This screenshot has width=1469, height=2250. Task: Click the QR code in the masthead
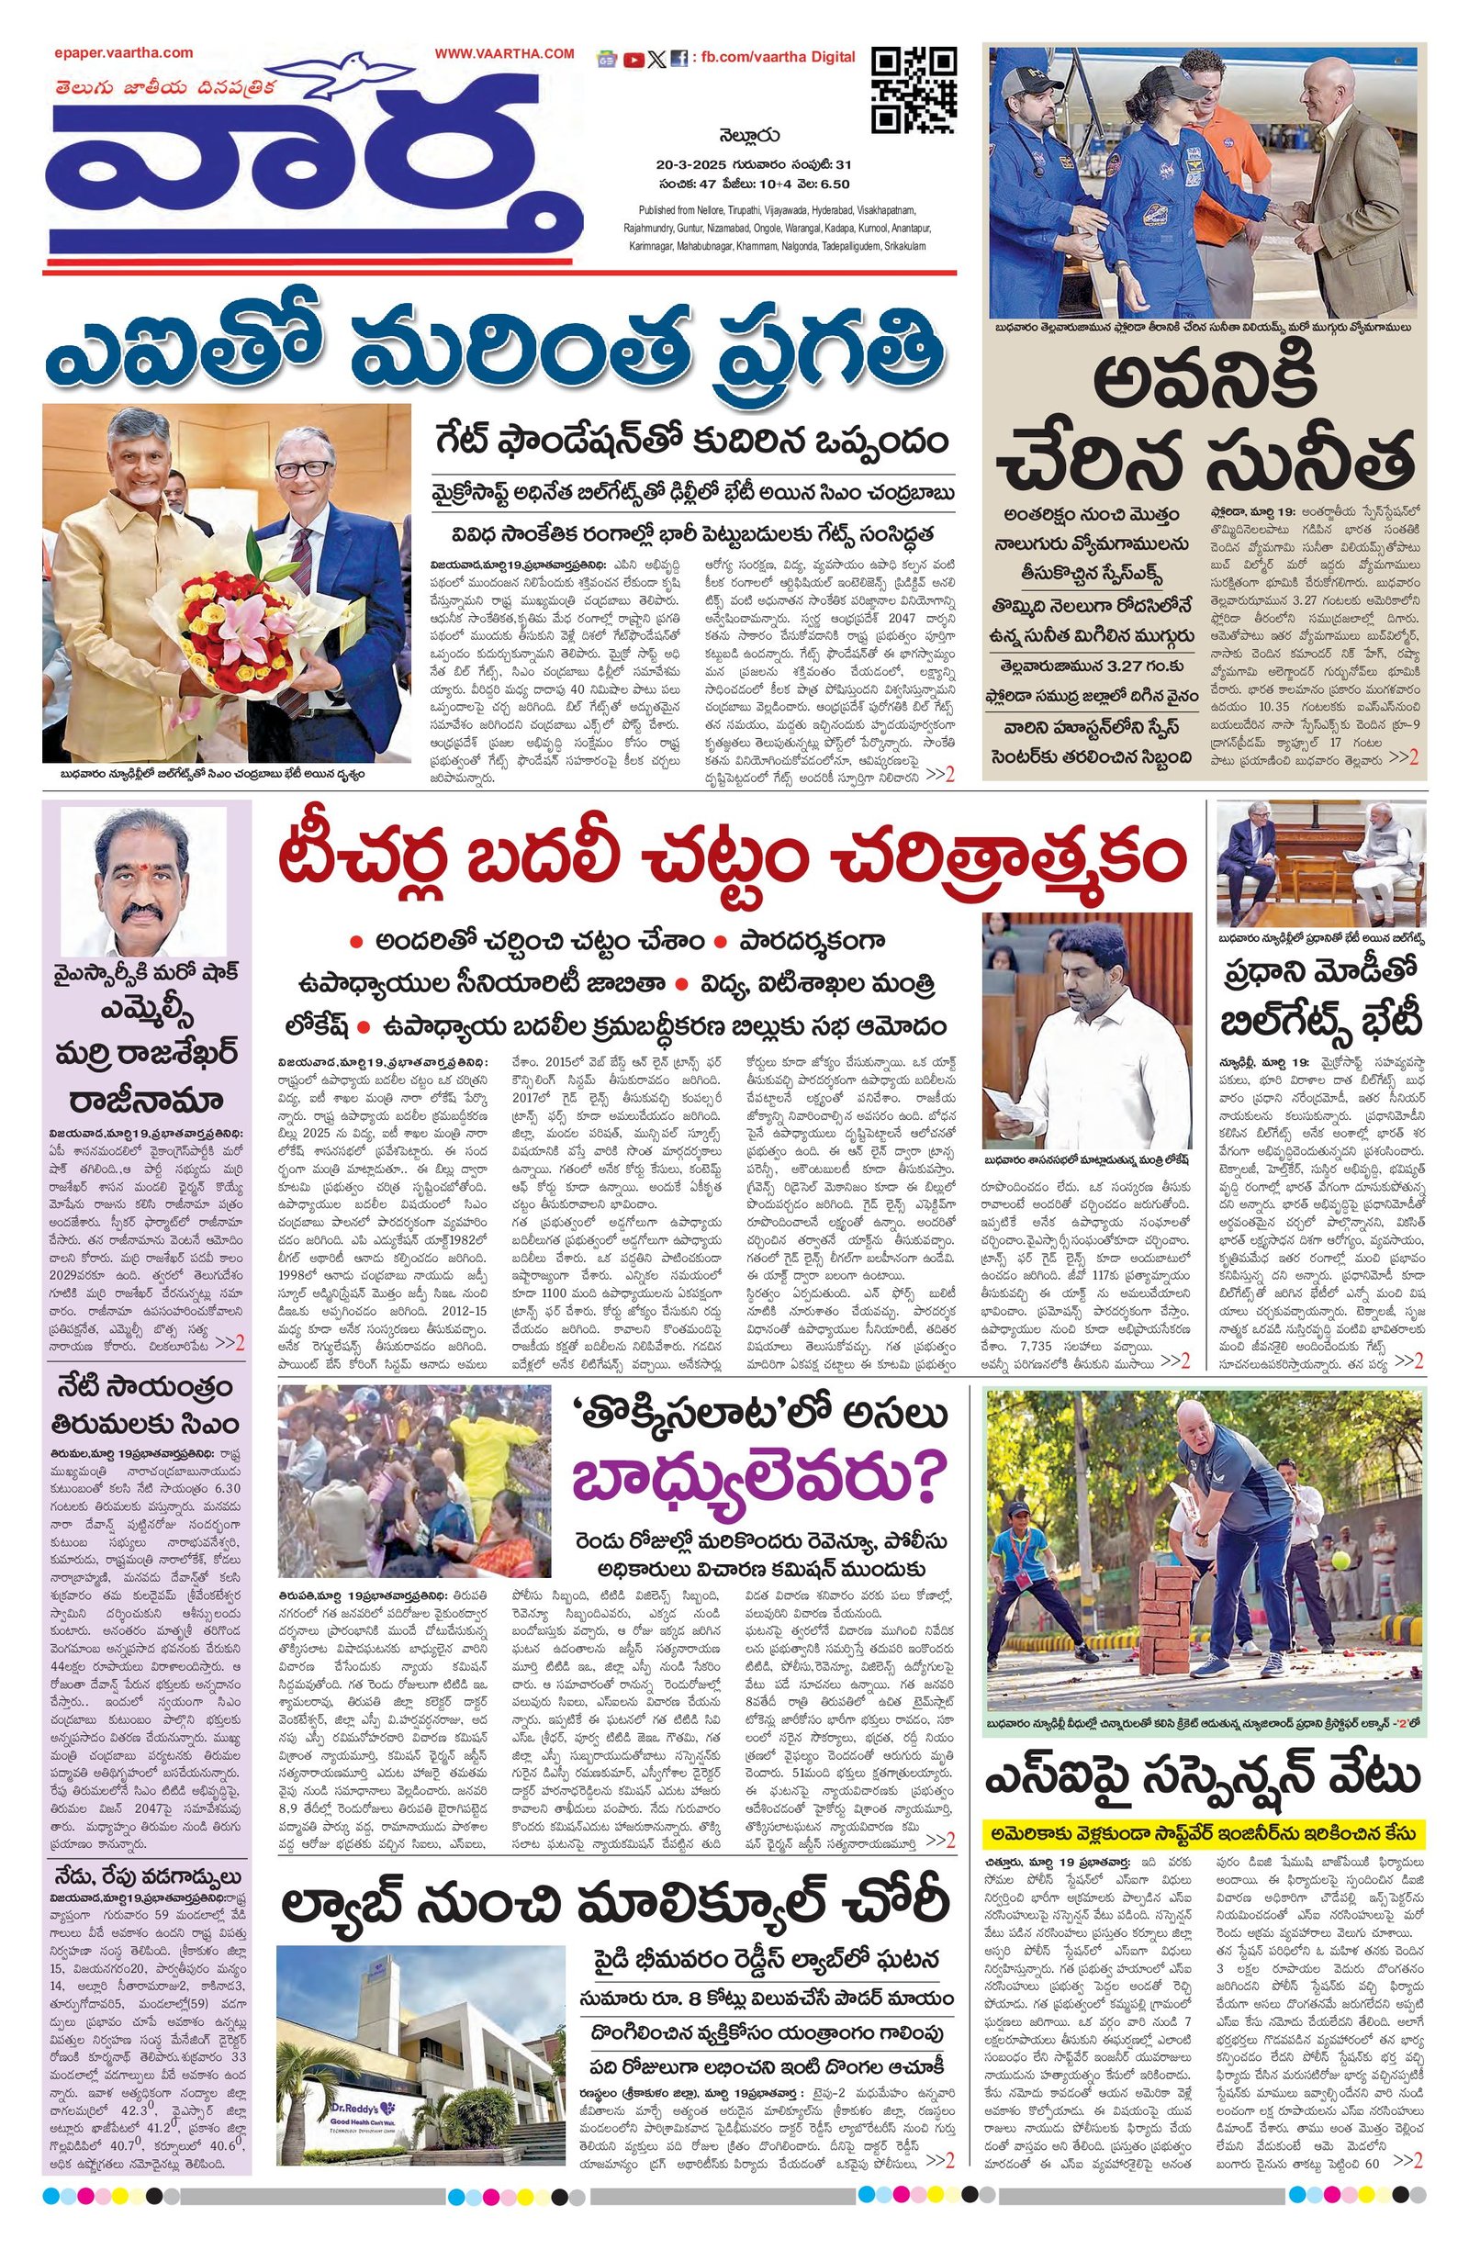[913, 91]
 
